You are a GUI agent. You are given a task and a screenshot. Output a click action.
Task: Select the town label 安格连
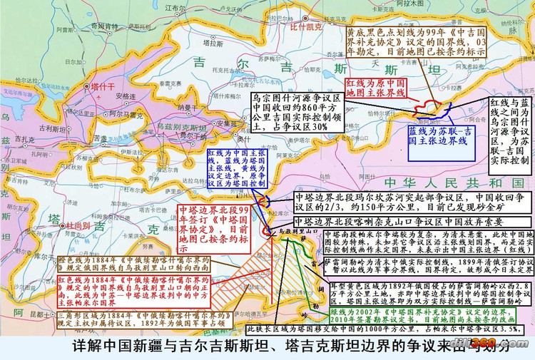click(x=126, y=96)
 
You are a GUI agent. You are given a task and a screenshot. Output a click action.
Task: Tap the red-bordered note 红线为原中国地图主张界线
click(x=375, y=88)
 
